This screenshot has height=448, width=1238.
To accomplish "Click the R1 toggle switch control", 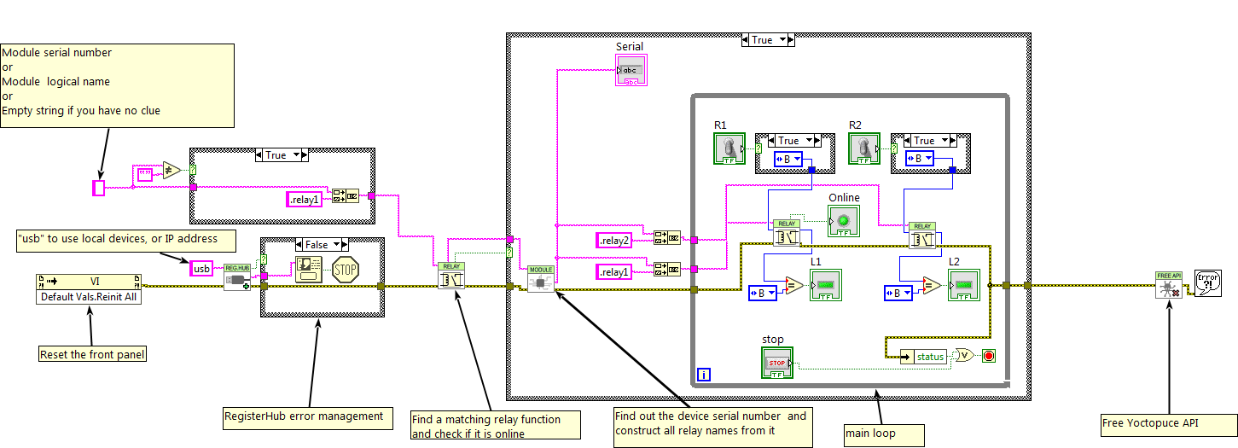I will tap(729, 148).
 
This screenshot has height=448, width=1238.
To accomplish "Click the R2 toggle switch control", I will tap(864, 148).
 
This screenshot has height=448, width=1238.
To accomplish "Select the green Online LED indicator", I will tap(843, 220).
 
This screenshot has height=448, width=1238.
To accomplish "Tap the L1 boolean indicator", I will tap(825, 284).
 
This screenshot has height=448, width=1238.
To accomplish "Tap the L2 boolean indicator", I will tap(966, 284).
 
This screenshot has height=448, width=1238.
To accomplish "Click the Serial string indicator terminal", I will tap(631, 71).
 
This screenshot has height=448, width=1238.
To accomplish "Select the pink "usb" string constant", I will tap(201, 269).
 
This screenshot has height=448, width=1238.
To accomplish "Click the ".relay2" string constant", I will tap(614, 241).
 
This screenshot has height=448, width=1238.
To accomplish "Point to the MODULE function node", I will tap(541, 278).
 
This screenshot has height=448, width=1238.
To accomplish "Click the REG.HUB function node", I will tap(238, 276).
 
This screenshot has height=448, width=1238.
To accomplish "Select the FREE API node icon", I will tap(1168, 285).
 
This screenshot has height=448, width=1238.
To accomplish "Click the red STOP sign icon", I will tap(345, 269).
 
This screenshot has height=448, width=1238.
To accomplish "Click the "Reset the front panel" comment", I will tap(92, 354).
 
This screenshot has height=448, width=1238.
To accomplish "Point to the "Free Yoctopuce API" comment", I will tap(1167, 424).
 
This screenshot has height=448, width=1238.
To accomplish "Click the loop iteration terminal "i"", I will tap(704, 374).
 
